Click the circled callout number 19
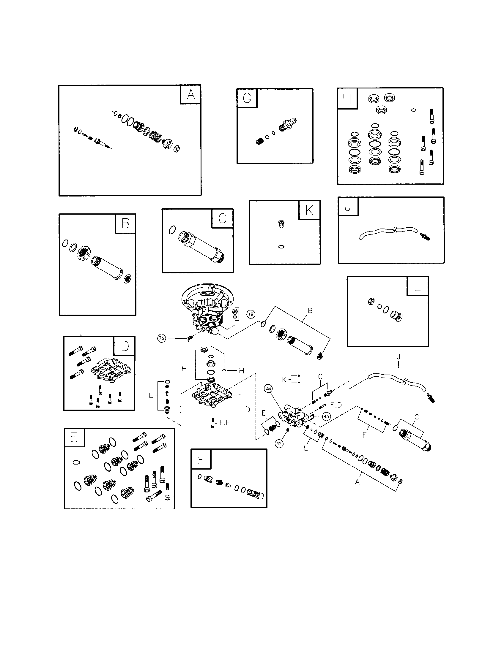coord(251,314)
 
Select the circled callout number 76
coord(162,338)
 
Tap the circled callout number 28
coord(268,389)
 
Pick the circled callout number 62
coord(279,444)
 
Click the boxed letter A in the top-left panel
coord(191,95)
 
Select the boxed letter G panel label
coord(247,98)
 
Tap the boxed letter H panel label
coord(347,98)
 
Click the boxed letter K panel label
coord(309,210)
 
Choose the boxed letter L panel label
coord(418,286)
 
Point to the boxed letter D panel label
coord(125,346)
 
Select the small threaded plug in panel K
coord(281,224)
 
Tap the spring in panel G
coord(259,141)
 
